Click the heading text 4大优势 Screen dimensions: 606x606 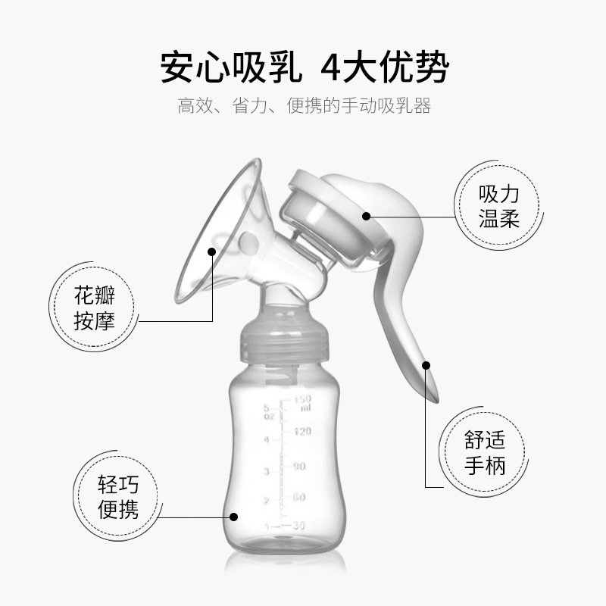pyautogui.click(x=385, y=68)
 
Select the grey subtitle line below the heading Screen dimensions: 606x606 pyautogui.click(x=303, y=106)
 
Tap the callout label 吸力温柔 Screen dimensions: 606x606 pyautogui.click(x=498, y=207)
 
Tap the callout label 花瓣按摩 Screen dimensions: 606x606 pyautogui.click(x=95, y=307)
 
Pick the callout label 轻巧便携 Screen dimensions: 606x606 pyautogui.click(x=119, y=496)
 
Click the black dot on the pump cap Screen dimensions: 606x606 pyautogui.click(x=366, y=216)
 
